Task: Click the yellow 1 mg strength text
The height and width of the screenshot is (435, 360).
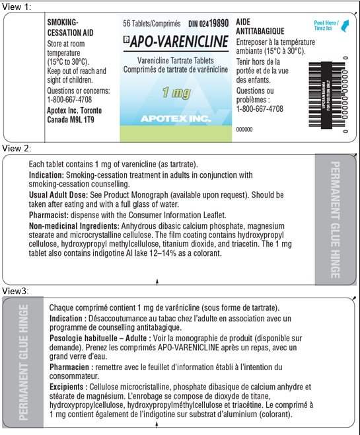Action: pyautogui.click(x=174, y=93)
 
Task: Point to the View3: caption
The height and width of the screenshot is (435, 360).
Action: pyautogui.click(x=17, y=291)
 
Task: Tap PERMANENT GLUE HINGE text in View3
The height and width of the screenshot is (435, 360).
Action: pyautogui.click(x=23, y=362)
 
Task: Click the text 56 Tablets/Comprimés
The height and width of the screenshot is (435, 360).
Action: pyautogui.click(x=152, y=23)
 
